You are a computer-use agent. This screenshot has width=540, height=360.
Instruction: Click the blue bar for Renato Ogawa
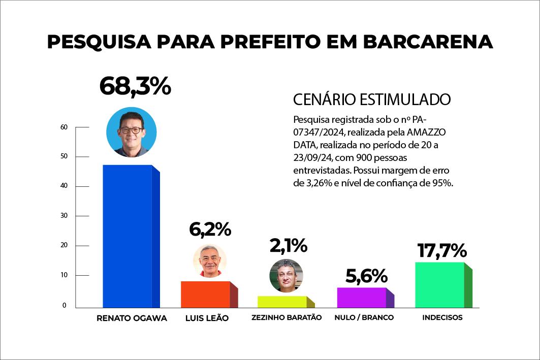point(127,236)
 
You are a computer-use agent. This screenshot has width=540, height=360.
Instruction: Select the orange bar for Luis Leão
point(205,294)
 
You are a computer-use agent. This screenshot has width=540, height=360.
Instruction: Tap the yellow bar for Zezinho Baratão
point(282,302)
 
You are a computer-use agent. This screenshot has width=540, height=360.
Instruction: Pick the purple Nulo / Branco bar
point(361,298)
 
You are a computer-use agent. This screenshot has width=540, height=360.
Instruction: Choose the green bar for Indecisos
point(439,285)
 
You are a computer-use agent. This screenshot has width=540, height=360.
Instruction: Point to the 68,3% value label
point(135,86)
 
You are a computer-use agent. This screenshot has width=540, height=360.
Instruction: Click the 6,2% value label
point(210,230)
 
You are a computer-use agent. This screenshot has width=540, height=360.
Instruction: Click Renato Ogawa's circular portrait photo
point(131,132)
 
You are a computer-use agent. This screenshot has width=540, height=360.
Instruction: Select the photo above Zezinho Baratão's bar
point(286,275)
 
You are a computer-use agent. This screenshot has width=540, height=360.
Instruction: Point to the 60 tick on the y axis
point(63,127)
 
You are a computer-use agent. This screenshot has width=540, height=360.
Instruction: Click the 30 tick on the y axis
point(63,216)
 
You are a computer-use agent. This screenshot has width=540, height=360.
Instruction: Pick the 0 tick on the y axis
point(65,305)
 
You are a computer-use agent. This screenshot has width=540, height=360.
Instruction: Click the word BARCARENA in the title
point(428,42)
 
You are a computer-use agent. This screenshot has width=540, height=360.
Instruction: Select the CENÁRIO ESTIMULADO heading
point(372,99)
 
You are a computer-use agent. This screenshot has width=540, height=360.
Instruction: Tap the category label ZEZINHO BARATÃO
point(287,318)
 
